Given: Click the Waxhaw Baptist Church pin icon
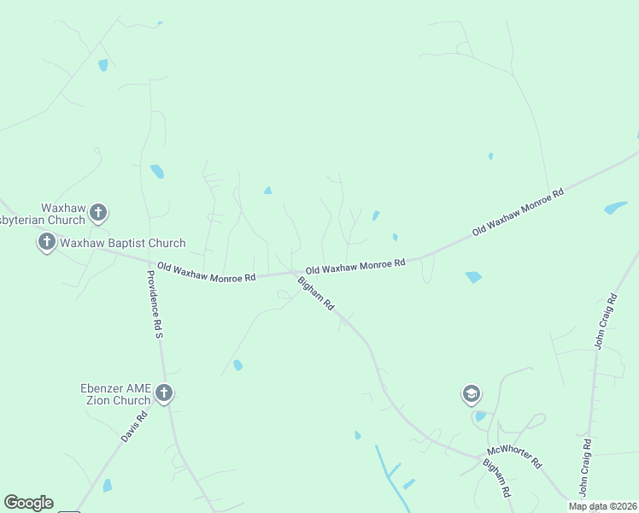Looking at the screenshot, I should (x=46, y=242).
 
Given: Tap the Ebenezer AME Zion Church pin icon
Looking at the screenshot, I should (x=164, y=392).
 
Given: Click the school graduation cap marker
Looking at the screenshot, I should (x=470, y=393).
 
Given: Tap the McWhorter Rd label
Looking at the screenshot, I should (x=514, y=457).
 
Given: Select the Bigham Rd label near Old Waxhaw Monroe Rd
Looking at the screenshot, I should (x=315, y=294).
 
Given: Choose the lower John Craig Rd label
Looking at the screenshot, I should (x=584, y=468).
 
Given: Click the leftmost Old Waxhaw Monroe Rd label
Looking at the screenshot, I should (x=206, y=273).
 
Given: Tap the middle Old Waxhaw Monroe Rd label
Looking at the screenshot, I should (x=355, y=266).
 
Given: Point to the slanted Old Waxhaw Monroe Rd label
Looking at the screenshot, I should (x=519, y=212).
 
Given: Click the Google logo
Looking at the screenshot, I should (x=28, y=503).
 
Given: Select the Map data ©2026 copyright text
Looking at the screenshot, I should (x=603, y=506).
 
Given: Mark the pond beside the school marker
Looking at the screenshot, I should (x=480, y=416).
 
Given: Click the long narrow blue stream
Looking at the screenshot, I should (x=389, y=473).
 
